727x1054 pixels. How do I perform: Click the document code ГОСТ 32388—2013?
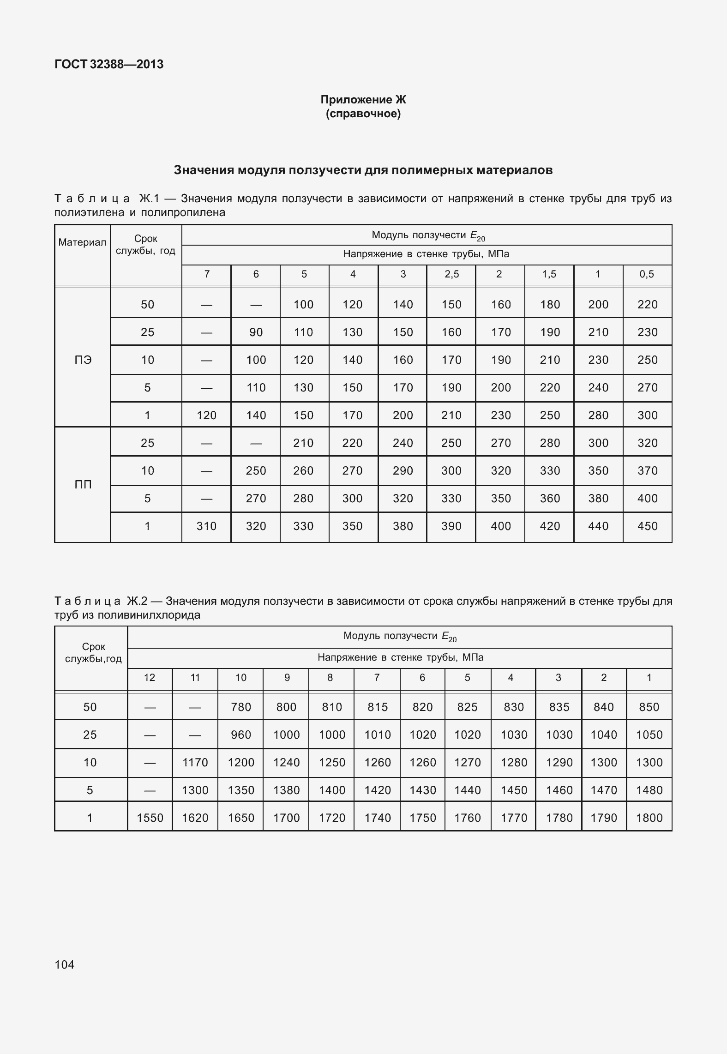[x=109, y=64]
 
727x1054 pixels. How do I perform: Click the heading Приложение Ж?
[x=363, y=100]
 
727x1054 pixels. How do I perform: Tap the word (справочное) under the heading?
[x=363, y=114]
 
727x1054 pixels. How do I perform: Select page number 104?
[x=64, y=964]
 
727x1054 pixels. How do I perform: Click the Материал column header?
[x=82, y=243]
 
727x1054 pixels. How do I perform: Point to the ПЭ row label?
[x=83, y=360]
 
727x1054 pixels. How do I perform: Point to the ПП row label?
[x=83, y=485]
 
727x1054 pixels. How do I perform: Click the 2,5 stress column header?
[x=451, y=274]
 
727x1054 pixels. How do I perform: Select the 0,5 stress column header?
[x=647, y=274]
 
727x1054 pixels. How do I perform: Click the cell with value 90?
[x=256, y=332]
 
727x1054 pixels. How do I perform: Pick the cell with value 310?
[x=206, y=526]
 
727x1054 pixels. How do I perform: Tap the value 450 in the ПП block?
[x=647, y=526]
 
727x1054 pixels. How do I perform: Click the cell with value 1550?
[x=150, y=818]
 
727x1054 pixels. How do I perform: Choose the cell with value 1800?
[x=649, y=818]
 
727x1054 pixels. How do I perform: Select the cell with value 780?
[x=241, y=707]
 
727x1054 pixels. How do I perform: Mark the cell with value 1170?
[x=195, y=763]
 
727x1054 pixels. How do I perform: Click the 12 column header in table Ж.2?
[x=150, y=678]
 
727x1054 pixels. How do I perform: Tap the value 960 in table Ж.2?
[x=241, y=735]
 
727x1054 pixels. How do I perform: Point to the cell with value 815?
[x=377, y=707]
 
